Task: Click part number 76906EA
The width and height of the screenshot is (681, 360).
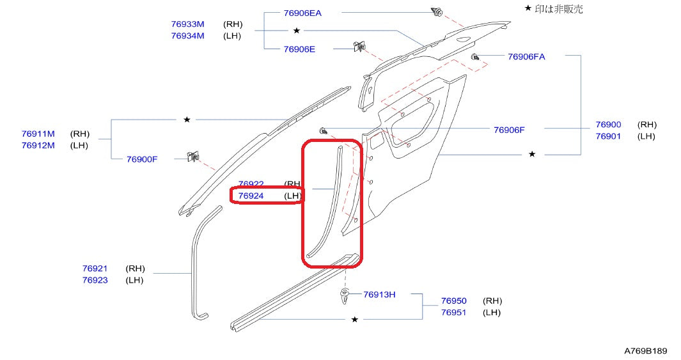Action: point(302,13)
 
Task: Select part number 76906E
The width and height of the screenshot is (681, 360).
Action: point(299,49)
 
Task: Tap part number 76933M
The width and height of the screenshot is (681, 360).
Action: point(187,24)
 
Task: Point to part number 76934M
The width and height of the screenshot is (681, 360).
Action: point(187,36)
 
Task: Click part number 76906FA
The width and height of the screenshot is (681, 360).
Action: point(526,56)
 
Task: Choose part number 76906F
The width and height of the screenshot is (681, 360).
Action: point(509,130)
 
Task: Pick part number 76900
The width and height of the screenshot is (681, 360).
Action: point(608,125)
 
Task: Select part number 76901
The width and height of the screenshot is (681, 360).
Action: point(608,136)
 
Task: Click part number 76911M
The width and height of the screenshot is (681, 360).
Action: point(38,134)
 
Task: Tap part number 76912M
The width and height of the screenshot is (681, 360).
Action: point(38,145)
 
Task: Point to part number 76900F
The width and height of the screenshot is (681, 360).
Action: point(141,159)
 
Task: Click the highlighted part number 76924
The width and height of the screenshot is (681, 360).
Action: point(251,196)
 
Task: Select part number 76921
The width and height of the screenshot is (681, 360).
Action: point(95,269)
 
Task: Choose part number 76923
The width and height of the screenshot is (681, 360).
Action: point(95,280)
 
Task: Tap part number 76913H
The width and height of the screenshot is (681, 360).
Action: point(379,295)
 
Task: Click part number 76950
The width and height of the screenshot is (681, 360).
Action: point(453,301)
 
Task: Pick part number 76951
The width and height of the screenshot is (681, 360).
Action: point(453,312)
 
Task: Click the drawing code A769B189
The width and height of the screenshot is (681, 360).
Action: point(646,351)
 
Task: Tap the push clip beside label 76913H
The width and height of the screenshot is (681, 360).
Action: point(345,295)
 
